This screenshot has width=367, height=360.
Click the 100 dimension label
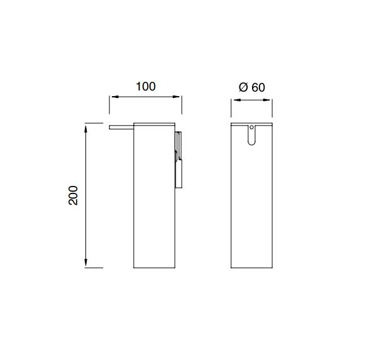[146, 86]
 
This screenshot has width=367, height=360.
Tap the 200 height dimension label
[73, 195]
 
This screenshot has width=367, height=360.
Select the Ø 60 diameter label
[252, 87]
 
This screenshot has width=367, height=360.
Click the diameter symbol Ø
[243, 87]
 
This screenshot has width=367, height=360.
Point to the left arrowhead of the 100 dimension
[114, 97]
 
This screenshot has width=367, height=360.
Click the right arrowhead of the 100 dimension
[176, 97]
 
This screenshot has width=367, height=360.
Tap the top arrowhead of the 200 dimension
[86, 129]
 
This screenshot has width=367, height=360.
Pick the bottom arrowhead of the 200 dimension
[86, 263]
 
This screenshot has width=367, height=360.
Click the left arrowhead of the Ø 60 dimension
[238, 100]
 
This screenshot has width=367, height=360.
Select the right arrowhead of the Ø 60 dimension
[266, 100]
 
